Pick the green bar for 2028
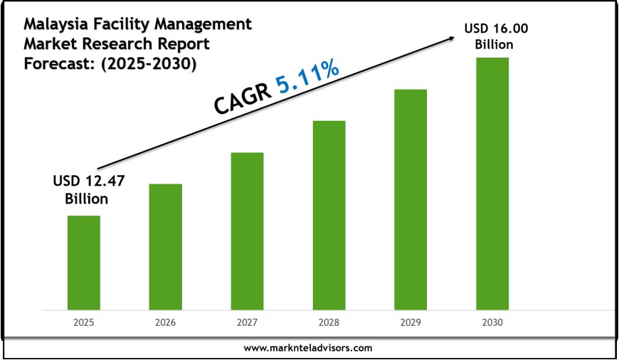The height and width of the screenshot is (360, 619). [x=329, y=215]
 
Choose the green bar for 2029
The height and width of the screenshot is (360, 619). [x=411, y=199]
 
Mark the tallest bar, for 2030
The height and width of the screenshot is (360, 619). [x=492, y=183]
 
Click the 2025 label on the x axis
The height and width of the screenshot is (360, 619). [x=84, y=322]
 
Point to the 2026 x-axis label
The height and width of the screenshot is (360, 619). [x=165, y=322]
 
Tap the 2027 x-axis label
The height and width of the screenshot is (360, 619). [x=247, y=322]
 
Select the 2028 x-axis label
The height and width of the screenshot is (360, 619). [x=329, y=322]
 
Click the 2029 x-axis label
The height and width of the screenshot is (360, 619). [x=411, y=322]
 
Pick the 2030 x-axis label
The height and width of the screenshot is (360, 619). [x=492, y=322]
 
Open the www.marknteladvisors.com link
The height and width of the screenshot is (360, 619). [x=308, y=349]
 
